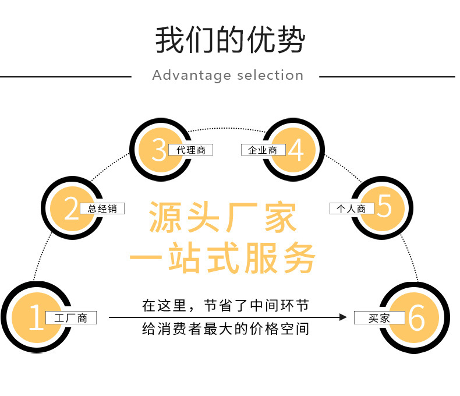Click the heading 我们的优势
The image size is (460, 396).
[x=229, y=40]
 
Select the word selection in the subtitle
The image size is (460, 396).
[x=270, y=76]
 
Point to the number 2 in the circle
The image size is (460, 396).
[x=71, y=208]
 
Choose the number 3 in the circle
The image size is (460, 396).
[x=158, y=150]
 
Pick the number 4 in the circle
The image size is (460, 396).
[x=296, y=150]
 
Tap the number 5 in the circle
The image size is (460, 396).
[x=384, y=207]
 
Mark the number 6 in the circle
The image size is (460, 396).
[x=417, y=318]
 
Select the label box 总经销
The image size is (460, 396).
[x=102, y=208]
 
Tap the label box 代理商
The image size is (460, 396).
[x=190, y=150]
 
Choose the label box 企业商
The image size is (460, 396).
[x=263, y=150]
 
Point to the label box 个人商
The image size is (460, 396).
[x=352, y=208]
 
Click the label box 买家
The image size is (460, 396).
[x=380, y=318]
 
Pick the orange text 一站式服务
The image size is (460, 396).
[x=222, y=256]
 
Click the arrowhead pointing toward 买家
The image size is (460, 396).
[x=343, y=317]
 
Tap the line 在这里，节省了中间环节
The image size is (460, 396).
[x=225, y=305]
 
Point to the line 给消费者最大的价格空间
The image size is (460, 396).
[x=225, y=329]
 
